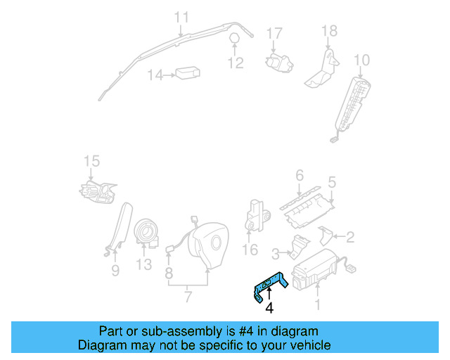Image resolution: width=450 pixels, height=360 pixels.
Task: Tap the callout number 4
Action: click(x=269, y=307)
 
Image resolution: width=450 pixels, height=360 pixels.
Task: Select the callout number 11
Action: click(x=181, y=17)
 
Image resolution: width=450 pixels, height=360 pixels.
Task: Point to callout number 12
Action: click(x=235, y=63)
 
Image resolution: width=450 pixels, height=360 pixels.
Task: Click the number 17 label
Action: click(x=274, y=33)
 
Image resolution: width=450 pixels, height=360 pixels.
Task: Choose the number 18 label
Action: click(x=329, y=31)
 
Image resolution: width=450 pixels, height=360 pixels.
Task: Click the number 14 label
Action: click(x=155, y=75)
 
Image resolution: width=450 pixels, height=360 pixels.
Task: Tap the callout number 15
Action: click(x=92, y=162)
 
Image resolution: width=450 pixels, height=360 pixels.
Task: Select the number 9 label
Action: click(x=115, y=270)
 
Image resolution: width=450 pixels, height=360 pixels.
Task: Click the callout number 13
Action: click(x=143, y=264)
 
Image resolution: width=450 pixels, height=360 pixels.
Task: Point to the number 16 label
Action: click(x=250, y=250)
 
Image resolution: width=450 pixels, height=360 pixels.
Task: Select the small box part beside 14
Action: click(x=188, y=73)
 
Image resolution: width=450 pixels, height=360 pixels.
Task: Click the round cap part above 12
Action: click(x=234, y=38)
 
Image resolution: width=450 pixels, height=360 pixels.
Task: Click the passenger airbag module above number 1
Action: click(x=316, y=271)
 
